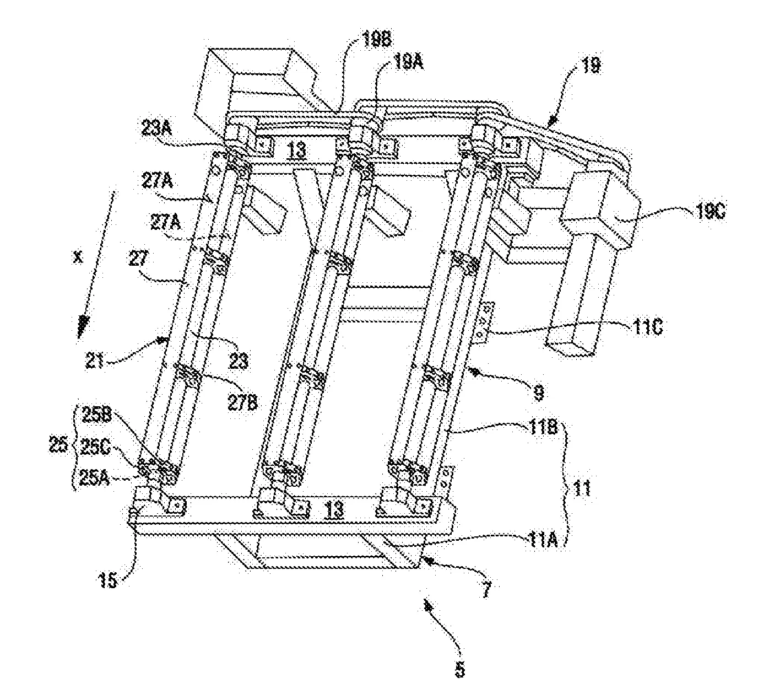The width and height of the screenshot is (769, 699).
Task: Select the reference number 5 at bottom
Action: point(459,670)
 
